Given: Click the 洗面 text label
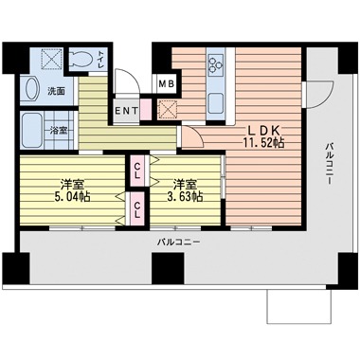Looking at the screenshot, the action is tap(56, 92).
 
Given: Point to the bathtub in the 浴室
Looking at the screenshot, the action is tap(32, 131).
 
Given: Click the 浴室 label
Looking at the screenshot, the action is tap(59, 131).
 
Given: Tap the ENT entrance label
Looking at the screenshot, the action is tap(126, 111).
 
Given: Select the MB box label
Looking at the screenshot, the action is tap(166, 83).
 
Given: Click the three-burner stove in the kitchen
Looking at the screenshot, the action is tap(216, 63).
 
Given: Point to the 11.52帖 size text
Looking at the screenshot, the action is tap(263, 143).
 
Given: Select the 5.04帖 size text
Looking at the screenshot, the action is tap(72, 197).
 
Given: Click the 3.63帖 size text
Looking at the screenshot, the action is tap(185, 197).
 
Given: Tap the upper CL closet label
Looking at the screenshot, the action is tap(137, 171).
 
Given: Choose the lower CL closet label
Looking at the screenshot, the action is tap(137, 209).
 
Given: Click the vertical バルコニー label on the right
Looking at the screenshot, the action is tap(330, 164).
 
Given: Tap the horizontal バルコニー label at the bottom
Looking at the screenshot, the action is tap(179, 243).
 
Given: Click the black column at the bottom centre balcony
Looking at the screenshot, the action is tap(168, 268).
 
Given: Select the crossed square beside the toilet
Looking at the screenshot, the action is tap(51, 59).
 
